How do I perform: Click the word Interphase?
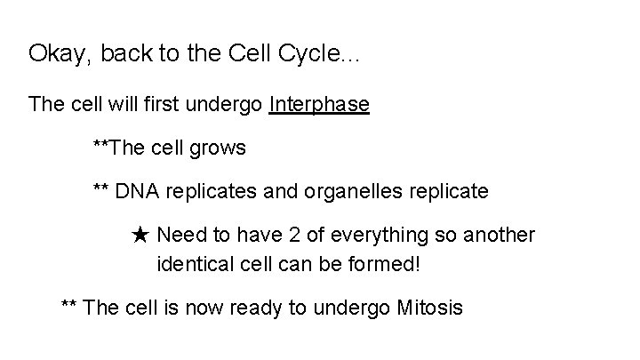point(319,105)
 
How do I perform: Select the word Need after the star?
point(180,236)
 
